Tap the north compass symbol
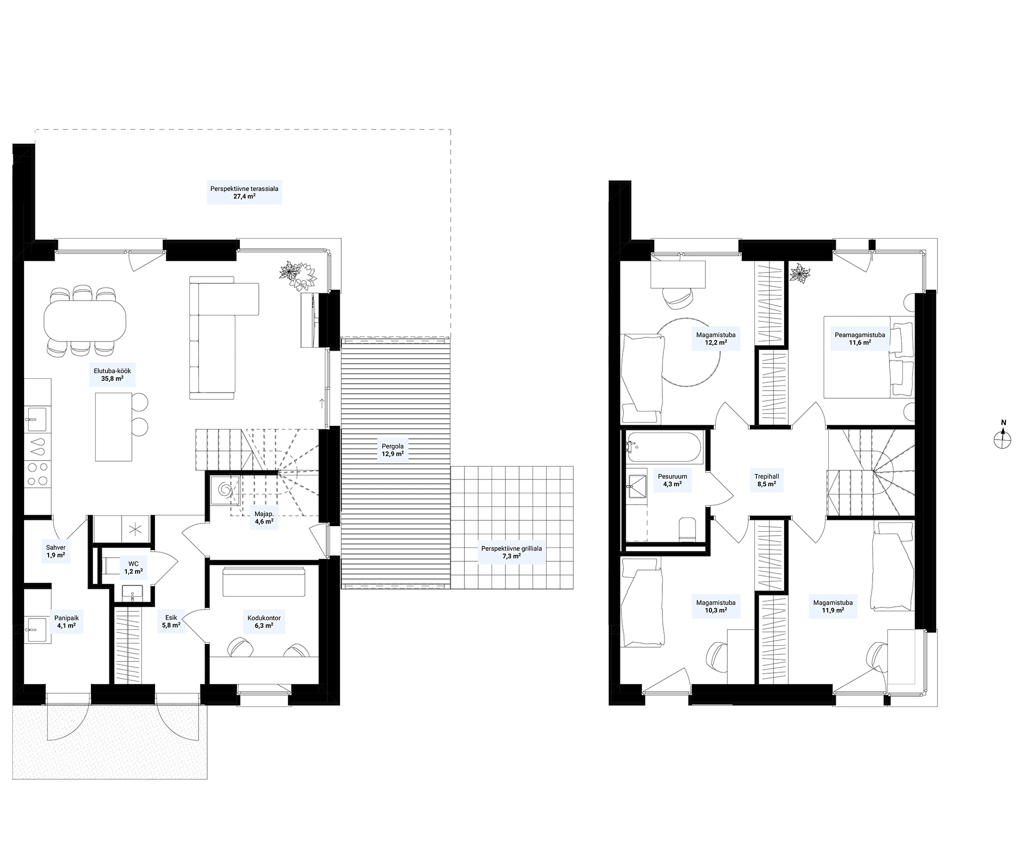1003,436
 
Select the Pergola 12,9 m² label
393,450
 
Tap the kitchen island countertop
114,426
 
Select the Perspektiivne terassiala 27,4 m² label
244,192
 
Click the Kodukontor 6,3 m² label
264,621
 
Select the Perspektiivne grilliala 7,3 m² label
511,552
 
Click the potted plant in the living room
297,275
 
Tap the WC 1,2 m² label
134,568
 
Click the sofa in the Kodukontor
264,582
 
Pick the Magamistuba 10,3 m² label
716,606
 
